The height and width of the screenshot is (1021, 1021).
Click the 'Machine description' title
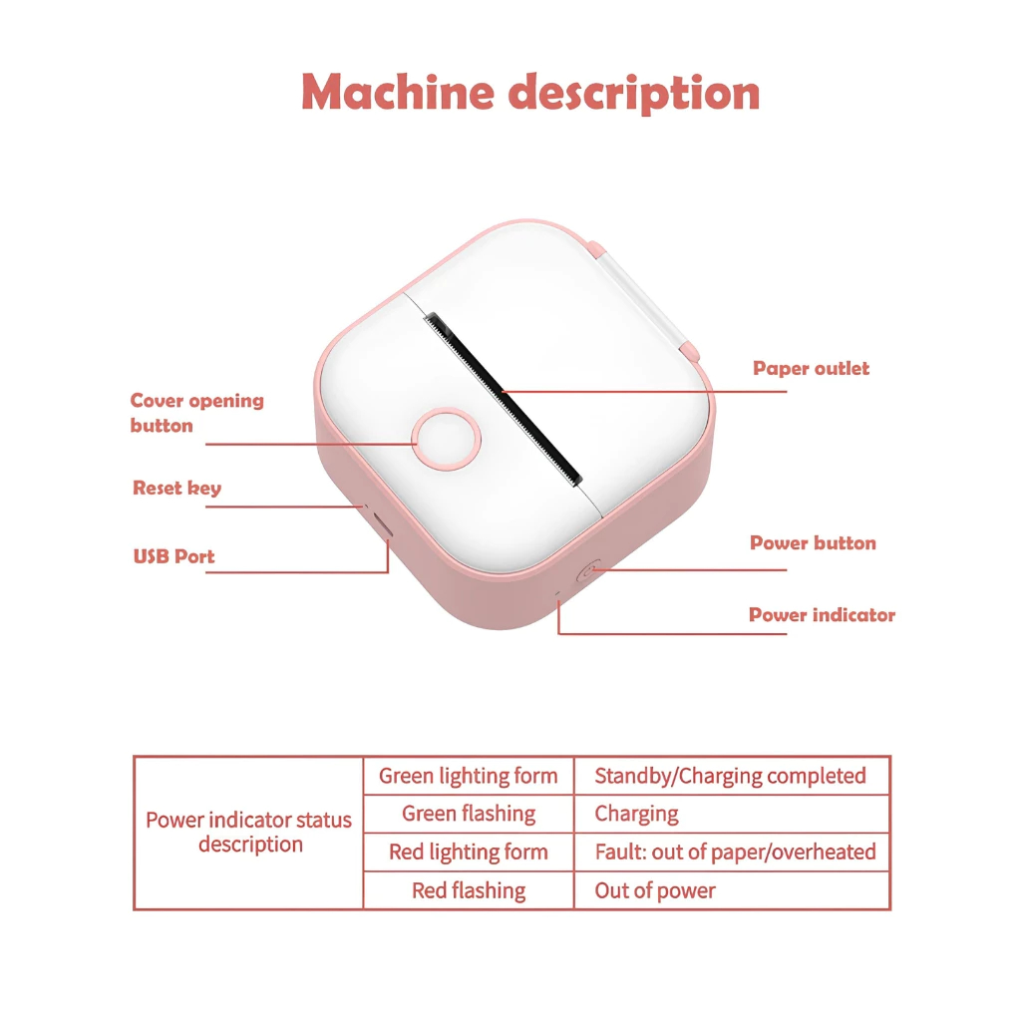[530, 93]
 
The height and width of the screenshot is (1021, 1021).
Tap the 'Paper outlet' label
[811, 368]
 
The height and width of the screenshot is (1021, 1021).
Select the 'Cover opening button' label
[196, 413]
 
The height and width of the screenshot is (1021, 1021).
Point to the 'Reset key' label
[176, 488]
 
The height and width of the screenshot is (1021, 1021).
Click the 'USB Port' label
[173, 556]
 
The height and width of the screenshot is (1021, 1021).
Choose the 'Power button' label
[813, 543]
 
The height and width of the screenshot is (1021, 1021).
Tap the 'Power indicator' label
[822, 615]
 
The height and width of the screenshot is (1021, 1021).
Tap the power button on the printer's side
[588, 572]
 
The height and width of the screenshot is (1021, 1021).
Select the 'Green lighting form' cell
[468, 776]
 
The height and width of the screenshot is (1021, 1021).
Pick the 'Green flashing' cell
[468, 814]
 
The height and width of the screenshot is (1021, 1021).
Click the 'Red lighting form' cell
[468, 852]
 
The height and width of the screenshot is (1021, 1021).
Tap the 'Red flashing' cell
[468, 890]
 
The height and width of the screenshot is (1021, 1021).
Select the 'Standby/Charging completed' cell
[730, 776]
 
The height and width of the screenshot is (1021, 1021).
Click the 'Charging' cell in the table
[636, 814]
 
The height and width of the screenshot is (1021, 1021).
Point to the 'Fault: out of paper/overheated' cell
[735, 852]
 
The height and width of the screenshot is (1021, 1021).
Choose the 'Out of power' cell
[655, 890]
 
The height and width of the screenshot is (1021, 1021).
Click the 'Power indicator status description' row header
[248, 833]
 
